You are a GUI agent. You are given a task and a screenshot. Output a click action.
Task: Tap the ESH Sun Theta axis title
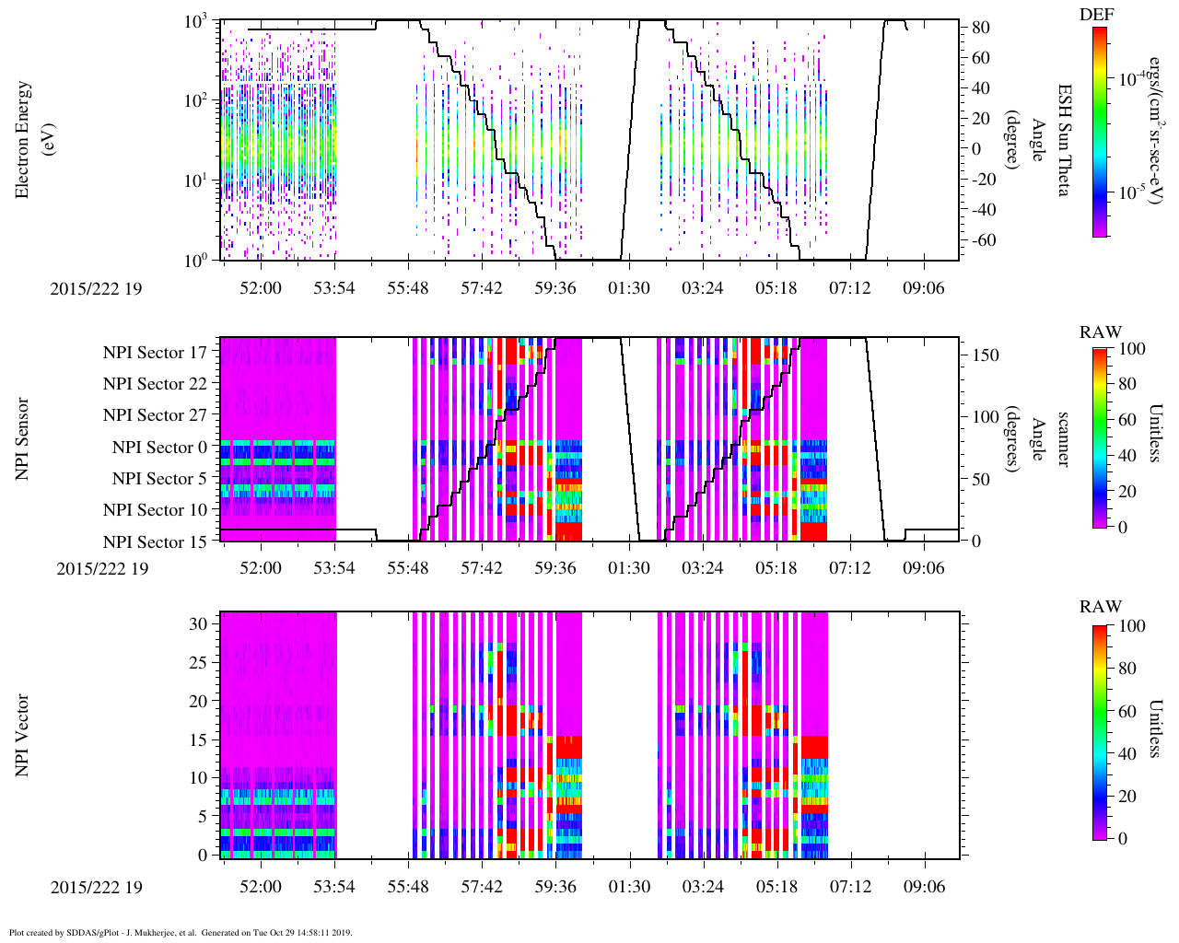pos(1063,140)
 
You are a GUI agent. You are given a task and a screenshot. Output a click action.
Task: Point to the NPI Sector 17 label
pos(155,353)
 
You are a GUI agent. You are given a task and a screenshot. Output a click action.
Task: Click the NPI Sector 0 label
pos(159,448)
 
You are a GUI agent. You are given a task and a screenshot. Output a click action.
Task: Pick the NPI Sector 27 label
pos(155,415)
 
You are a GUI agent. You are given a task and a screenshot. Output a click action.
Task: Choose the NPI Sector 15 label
pos(155,542)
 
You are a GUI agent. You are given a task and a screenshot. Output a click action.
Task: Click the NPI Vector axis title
pos(23,735)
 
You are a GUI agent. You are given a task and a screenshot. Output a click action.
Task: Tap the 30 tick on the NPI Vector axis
pos(197,623)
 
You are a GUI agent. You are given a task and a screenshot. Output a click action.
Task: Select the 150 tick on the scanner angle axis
pos(986,355)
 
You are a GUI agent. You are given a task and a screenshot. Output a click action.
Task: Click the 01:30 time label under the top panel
pos(629,288)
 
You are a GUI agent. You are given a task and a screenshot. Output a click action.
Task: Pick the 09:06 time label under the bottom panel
pos(924,887)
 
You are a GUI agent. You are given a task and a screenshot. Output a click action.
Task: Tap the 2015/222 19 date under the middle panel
pos(102,568)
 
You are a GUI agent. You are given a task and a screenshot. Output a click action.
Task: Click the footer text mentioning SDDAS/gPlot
pos(181,933)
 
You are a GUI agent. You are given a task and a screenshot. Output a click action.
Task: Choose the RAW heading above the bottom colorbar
pos(1101,607)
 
